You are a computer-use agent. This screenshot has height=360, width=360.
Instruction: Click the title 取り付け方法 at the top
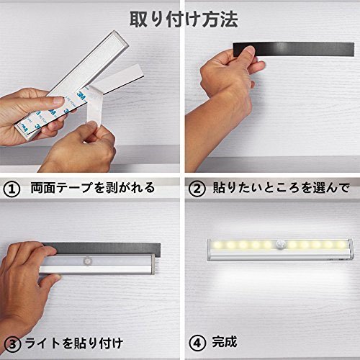pos(184,19)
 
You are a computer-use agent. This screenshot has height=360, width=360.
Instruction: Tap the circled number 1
pos(11,189)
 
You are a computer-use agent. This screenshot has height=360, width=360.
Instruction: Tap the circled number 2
pos(197,189)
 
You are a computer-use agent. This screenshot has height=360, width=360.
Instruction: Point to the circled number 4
pos(197,343)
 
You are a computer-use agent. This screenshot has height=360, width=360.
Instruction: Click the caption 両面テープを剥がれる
pos(93,187)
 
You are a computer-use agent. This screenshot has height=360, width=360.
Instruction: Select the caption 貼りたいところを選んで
pos(281,187)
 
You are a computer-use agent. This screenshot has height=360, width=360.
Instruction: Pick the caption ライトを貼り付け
pos(74,343)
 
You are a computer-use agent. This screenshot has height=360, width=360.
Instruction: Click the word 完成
pos(225,342)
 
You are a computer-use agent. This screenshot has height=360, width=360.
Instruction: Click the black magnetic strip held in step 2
pos(294,50)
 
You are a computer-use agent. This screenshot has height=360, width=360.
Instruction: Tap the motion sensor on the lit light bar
pos(280,244)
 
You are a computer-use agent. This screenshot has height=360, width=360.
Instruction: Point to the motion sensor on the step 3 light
pos(86,261)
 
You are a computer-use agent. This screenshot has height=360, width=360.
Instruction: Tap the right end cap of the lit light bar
pos(351,250)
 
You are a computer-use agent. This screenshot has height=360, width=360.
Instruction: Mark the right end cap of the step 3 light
pos(153,264)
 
